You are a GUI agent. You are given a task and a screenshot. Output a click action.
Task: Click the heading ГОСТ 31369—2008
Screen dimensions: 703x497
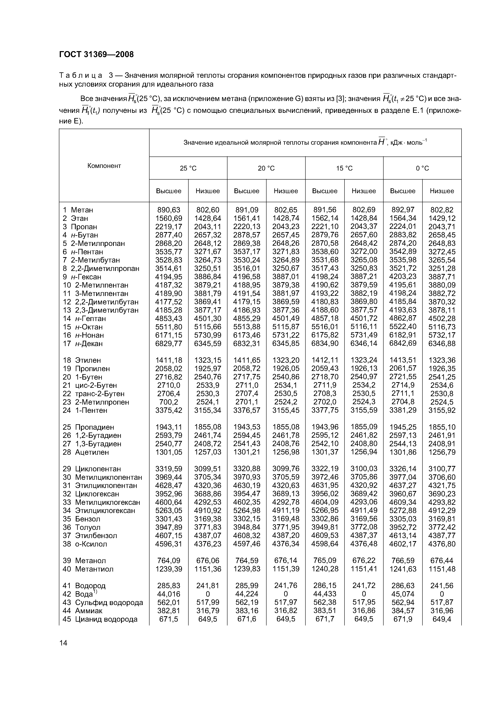point(96,55)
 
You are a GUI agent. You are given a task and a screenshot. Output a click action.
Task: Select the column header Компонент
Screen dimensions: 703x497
point(104,166)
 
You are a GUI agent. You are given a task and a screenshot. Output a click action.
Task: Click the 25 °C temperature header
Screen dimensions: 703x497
point(188,168)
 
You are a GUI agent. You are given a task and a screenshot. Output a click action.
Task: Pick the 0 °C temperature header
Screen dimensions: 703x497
point(422,168)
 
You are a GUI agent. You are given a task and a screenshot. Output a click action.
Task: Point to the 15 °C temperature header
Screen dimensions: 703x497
point(344,168)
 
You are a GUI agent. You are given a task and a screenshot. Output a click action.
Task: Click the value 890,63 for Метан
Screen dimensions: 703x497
point(169,210)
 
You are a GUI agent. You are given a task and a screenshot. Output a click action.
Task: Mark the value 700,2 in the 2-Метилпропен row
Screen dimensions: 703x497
point(169,402)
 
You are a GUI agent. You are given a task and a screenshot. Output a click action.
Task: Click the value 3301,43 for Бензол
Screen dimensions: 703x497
point(169,519)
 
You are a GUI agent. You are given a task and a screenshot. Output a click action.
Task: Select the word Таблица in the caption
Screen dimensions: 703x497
point(81,75)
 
